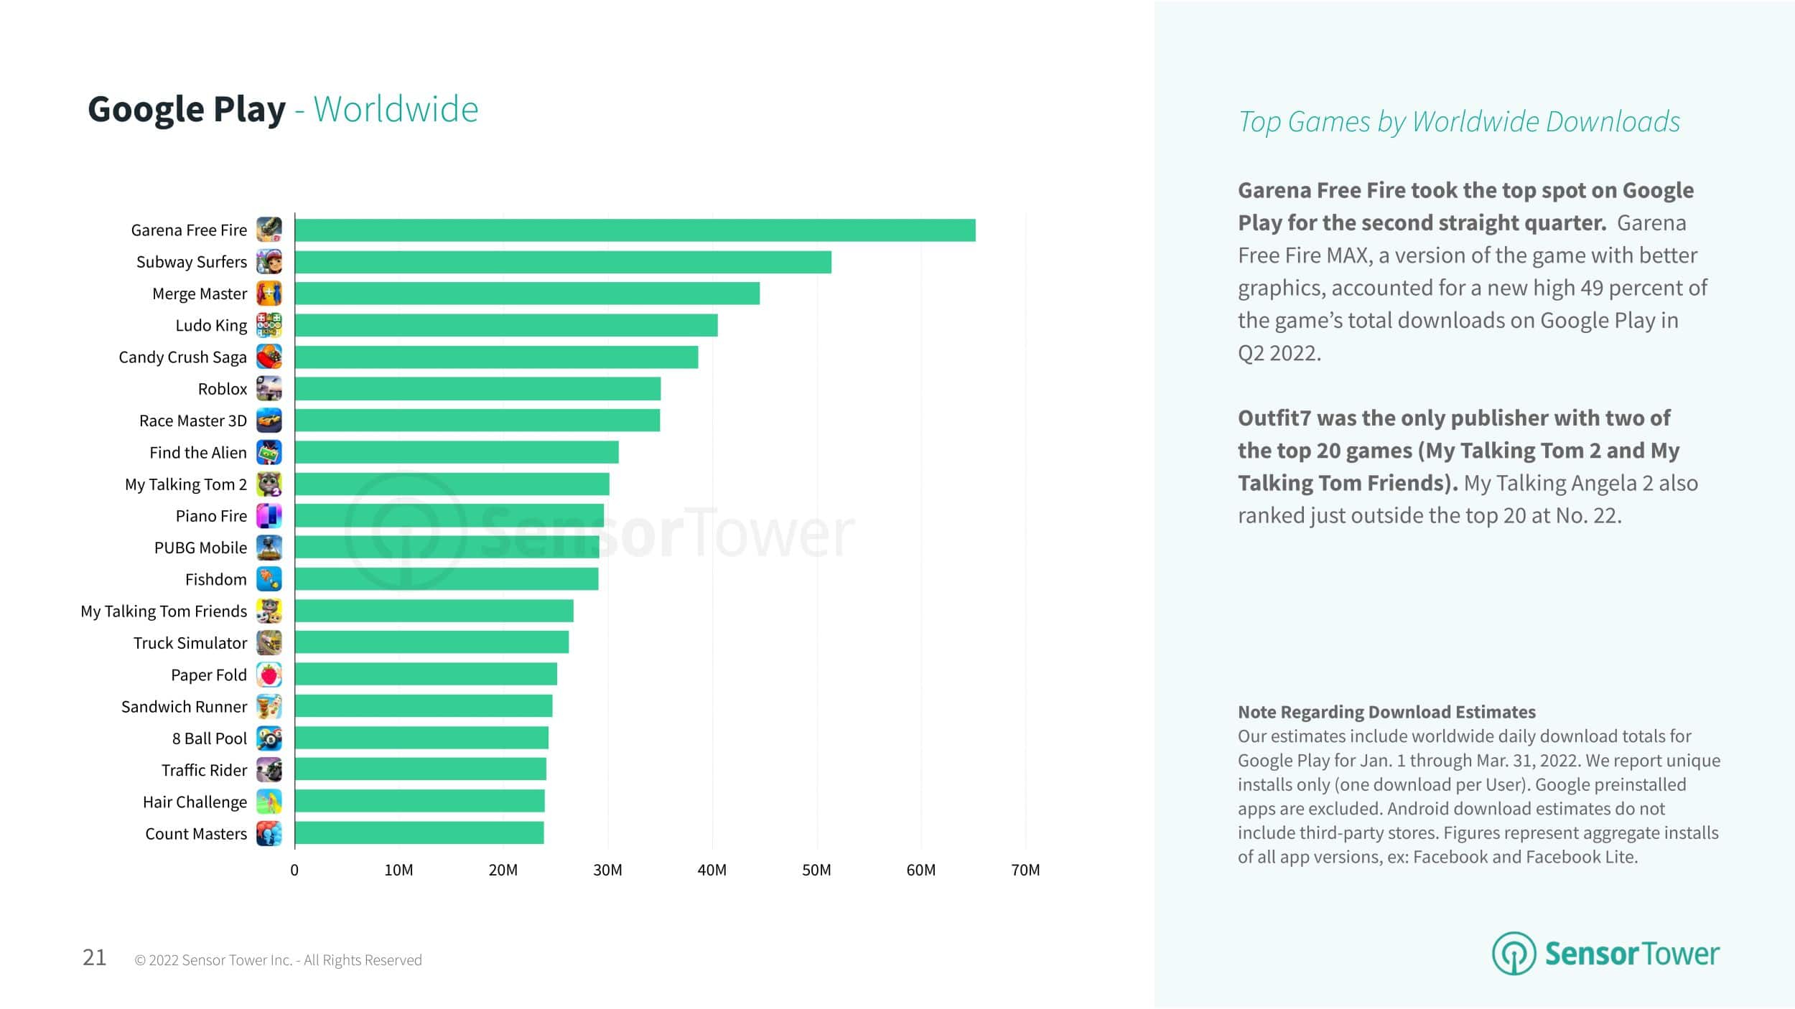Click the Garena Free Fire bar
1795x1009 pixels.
(635, 230)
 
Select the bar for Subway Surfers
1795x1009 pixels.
(563, 262)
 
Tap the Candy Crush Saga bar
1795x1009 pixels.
(496, 357)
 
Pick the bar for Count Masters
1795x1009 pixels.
(419, 833)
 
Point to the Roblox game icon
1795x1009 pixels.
(269, 389)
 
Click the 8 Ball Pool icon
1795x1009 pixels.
(269, 738)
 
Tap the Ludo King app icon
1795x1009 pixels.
(269, 325)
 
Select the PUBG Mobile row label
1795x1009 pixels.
(200, 548)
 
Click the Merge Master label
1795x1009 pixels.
(200, 294)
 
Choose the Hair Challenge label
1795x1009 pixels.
(195, 802)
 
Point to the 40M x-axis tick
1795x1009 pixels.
(712, 870)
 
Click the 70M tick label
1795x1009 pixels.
(1025, 870)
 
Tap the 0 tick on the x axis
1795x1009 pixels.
(294, 870)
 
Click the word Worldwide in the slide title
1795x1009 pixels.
(396, 110)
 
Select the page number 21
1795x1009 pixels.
(95, 957)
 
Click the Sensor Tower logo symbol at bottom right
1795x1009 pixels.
(1514, 953)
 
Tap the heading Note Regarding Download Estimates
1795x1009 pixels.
(1386, 712)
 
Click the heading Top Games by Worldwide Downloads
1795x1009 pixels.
(1459, 122)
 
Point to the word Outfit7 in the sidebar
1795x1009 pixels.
(1273, 418)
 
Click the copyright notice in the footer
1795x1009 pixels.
(279, 960)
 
